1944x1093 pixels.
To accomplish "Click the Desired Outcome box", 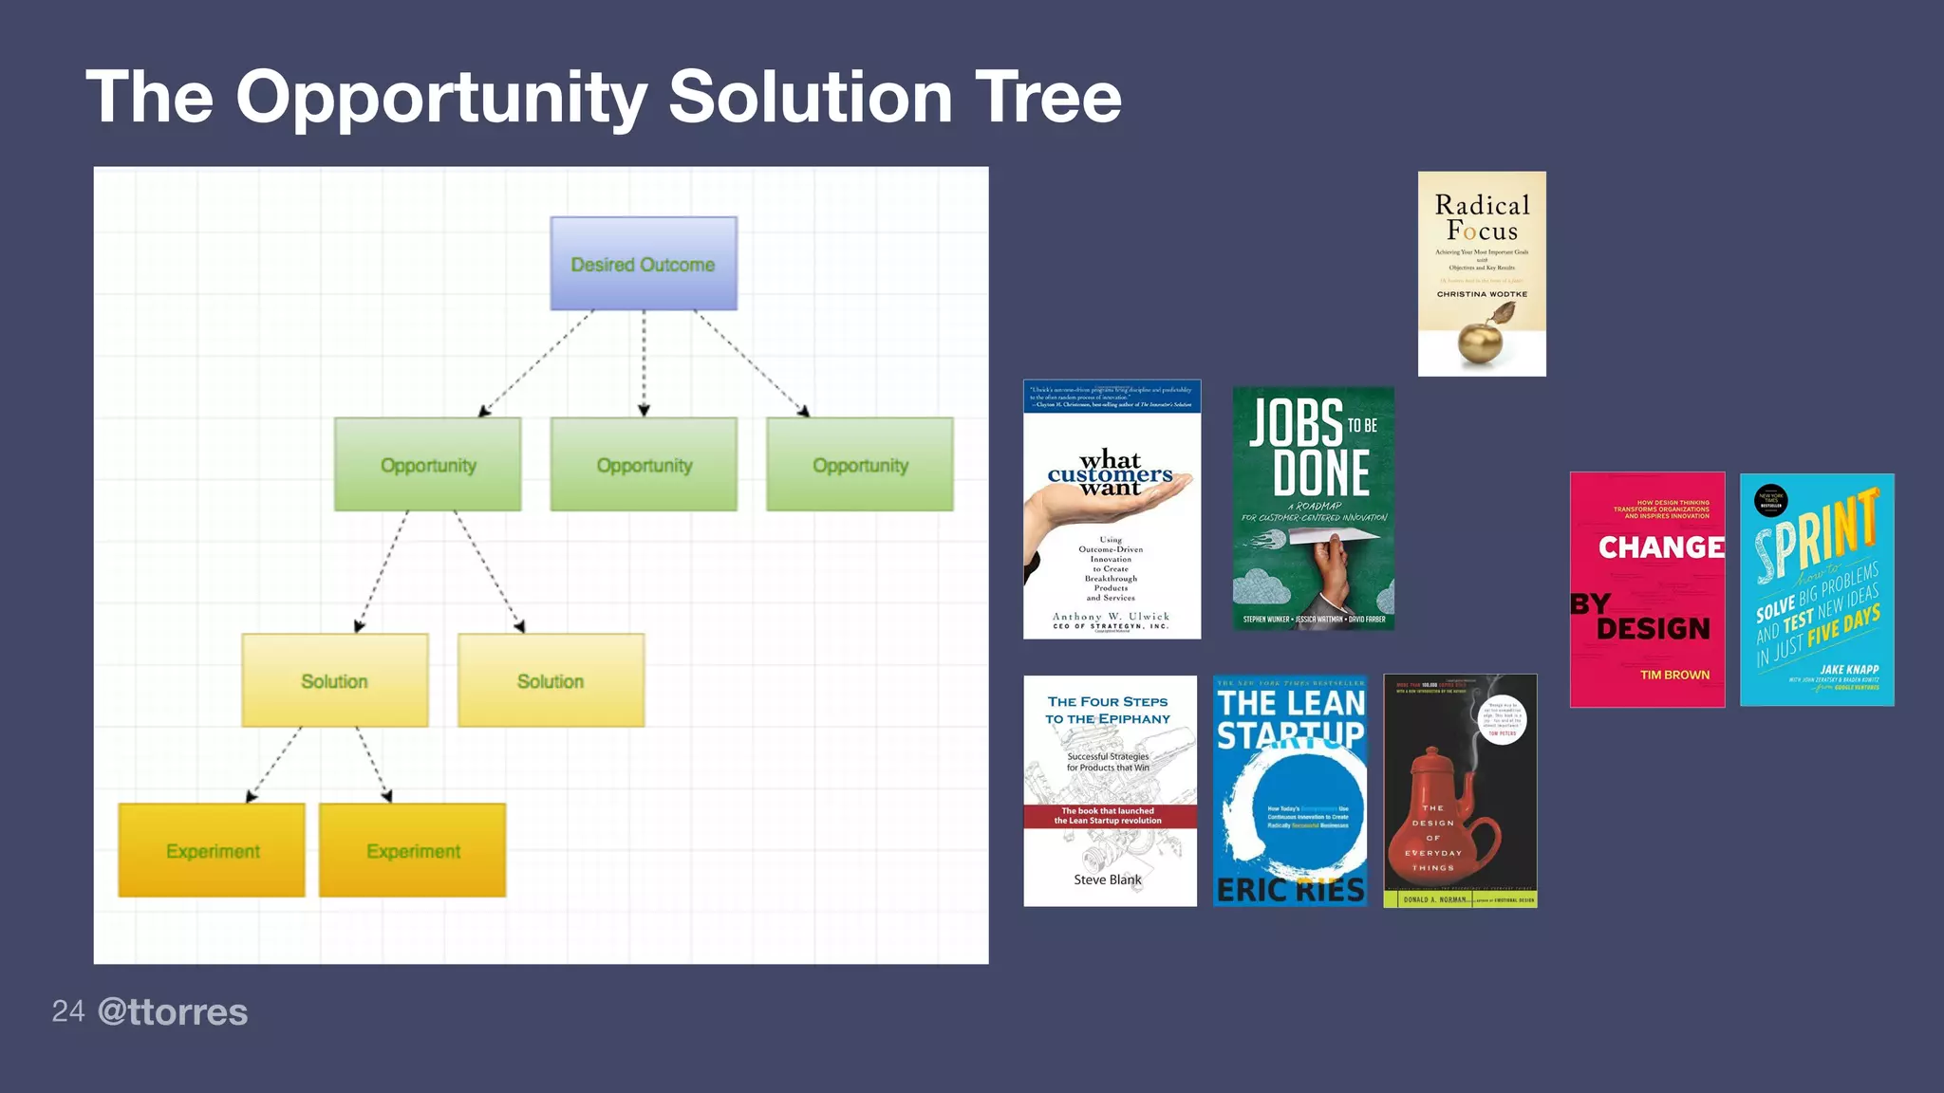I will (x=644, y=264).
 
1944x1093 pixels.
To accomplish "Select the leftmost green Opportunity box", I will (x=427, y=465).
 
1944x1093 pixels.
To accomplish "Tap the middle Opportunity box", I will (x=644, y=465).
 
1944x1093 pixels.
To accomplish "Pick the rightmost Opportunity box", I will (x=860, y=465).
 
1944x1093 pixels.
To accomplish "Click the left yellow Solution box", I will (x=334, y=680).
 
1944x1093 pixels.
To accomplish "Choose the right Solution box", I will (x=551, y=680).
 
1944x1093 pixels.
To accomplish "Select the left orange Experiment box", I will (x=212, y=850).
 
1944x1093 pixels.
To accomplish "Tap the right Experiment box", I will (x=412, y=850).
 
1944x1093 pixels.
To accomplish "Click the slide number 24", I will (x=67, y=1011).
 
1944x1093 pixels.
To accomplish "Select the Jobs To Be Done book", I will (x=1313, y=508).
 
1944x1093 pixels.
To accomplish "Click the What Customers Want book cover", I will (x=1112, y=509).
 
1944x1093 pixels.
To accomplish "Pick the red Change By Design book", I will (x=1647, y=589).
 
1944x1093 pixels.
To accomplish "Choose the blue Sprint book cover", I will (x=1816, y=589).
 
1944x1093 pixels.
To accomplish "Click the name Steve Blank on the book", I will (x=1107, y=880).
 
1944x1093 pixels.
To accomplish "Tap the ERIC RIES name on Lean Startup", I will (x=1290, y=889).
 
